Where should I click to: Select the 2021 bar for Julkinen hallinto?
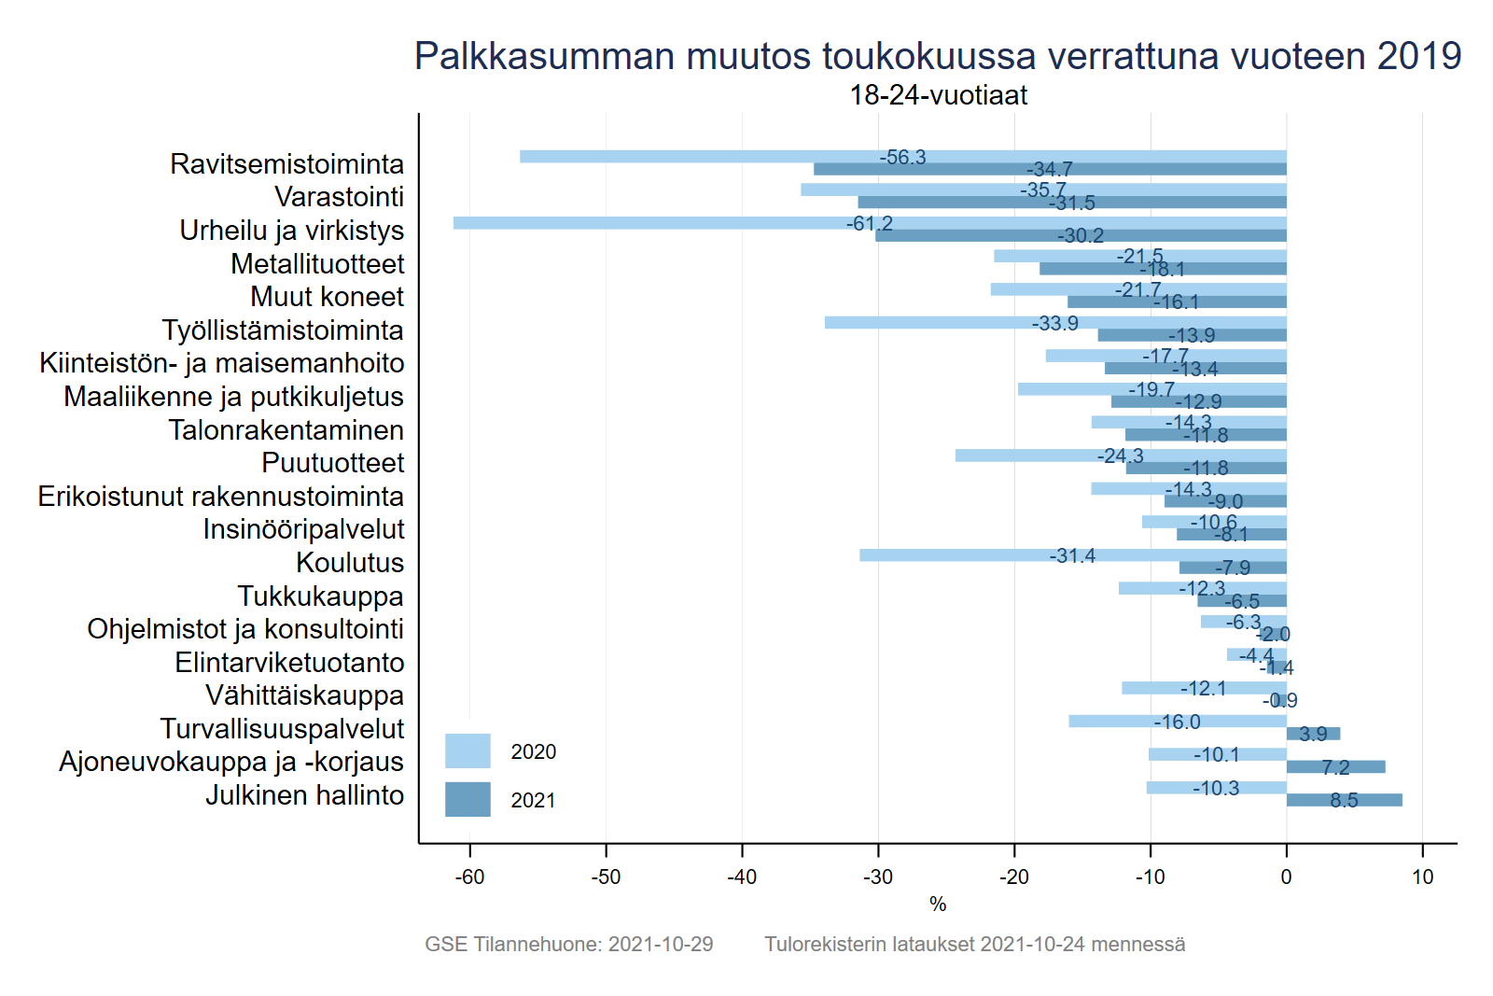(x=1344, y=800)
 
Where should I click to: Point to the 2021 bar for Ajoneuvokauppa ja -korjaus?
(x=1335, y=767)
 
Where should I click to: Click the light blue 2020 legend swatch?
(x=467, y=751)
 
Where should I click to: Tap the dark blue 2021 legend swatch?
(x=467, y=800)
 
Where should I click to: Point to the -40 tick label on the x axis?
(x=742, y=877)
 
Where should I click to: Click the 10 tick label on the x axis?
(x=1422, y=877)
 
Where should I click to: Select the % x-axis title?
(x=938, y=905)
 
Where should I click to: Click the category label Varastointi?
(x=339, y=197)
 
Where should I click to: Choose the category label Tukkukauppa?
(x=320, y=596)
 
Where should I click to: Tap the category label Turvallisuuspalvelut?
(x=282, y=729)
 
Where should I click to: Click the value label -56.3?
(x=902, y=158)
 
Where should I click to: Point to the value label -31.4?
(x=1072, y=556)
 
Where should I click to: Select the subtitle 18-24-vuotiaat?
(x=938, y=95)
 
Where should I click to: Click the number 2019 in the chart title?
(x=1418, y=56)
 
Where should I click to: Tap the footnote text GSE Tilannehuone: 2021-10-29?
(x=568, y=945)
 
